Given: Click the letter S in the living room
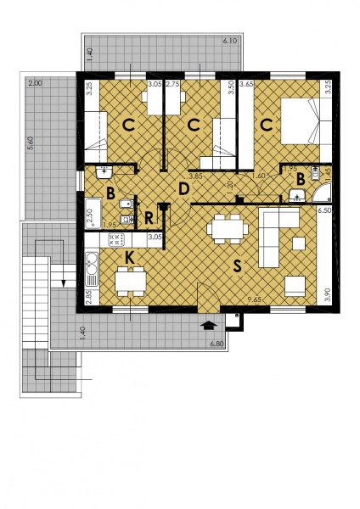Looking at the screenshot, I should (237, 266).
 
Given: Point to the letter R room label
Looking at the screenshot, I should (149, 217).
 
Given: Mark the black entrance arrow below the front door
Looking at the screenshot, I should (209, 323).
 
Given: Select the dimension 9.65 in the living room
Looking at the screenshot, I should (253, 300).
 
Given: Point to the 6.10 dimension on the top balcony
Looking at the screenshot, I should (229, 40).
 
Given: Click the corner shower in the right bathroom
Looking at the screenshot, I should (321, 197).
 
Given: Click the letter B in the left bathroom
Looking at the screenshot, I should (111, 192).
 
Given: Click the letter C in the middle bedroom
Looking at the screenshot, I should (194, 126).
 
